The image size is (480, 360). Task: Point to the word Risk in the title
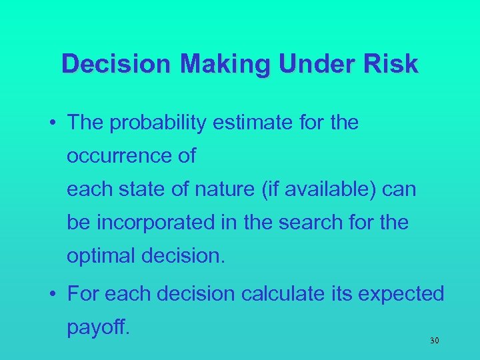point(393,65)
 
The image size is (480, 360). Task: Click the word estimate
point(273,123)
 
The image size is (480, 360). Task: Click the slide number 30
point(435,341)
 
